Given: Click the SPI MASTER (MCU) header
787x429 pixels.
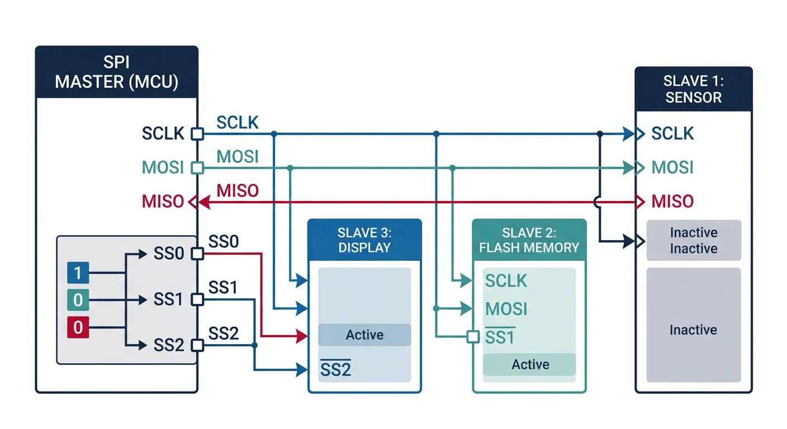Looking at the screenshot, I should click(x=116, y=72).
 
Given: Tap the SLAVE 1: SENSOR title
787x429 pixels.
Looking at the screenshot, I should click(x=693, y=89).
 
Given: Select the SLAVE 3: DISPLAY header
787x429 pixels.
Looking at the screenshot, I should click(x=364, y=240).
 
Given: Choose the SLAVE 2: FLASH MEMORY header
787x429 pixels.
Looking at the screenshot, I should click(x=529, y=240).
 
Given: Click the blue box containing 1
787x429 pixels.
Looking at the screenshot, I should click(x=78, y=273).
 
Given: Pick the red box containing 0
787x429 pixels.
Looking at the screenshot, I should click(x=78, y=327).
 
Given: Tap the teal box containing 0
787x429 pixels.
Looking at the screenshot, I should click(x=78, y=301).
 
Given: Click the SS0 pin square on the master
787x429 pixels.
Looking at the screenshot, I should click(x=196, y=254).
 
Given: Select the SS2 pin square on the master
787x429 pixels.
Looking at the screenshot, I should click(x=196, y=345).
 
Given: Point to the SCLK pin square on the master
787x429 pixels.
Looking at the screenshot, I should click(x=196, y=134).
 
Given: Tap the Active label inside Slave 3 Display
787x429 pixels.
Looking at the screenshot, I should click(x=364, y=335).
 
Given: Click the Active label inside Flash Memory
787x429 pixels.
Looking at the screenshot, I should click(x=530, y=365).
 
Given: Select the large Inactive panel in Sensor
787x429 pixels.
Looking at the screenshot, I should click(x=693, y=330).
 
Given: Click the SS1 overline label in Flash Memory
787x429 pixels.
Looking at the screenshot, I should click(x=500, y=337).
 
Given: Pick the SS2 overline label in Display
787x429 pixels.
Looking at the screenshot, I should click(x=335, y=369).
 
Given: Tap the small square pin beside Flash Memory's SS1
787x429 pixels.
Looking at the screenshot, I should click(x=473, y=337).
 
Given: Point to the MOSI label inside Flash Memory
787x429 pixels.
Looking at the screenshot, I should click(x=506, y=308).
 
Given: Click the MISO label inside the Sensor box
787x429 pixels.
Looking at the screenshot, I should click(x=672, y=201).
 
